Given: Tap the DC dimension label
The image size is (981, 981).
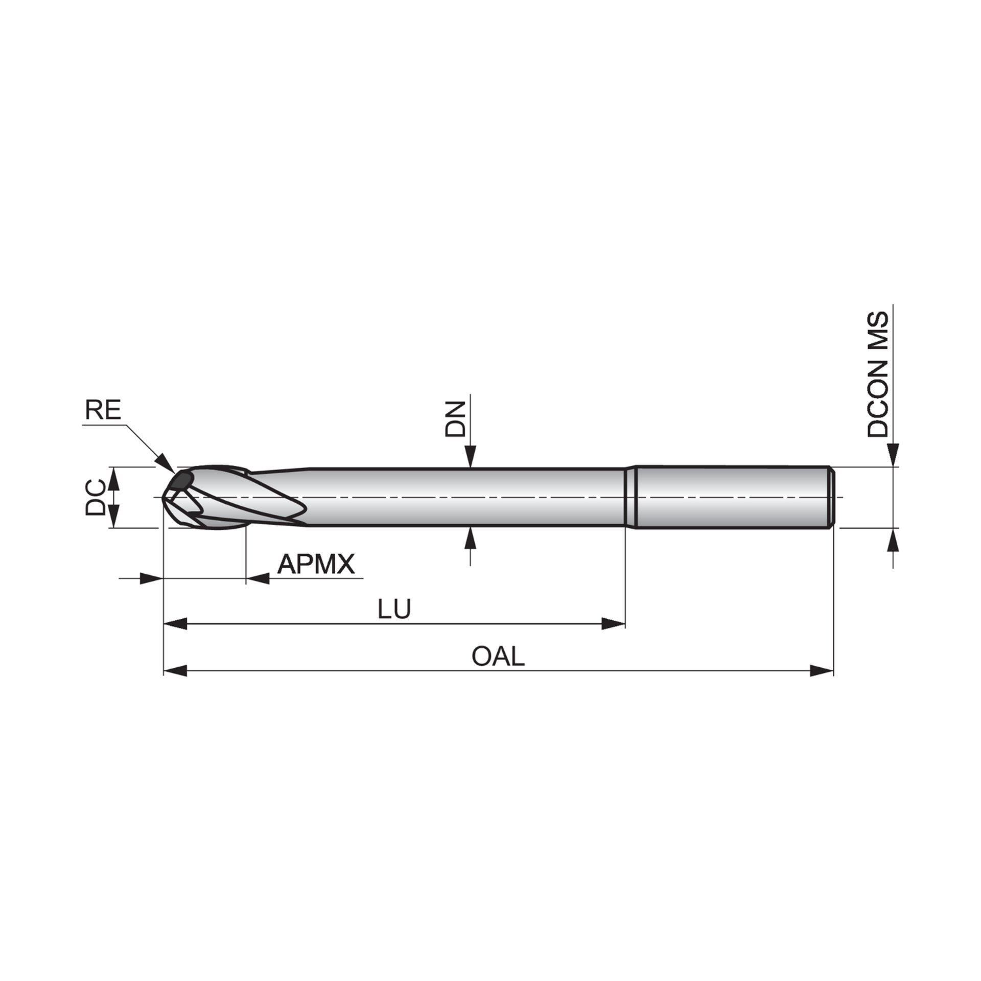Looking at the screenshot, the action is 95,497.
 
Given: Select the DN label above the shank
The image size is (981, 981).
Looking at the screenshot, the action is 455,418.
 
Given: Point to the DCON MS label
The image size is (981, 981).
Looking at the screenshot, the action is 878,375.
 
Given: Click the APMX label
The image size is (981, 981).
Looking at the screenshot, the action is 316,564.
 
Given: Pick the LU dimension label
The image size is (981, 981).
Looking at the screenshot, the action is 394,609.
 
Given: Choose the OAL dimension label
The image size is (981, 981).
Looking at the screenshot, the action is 498,656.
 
